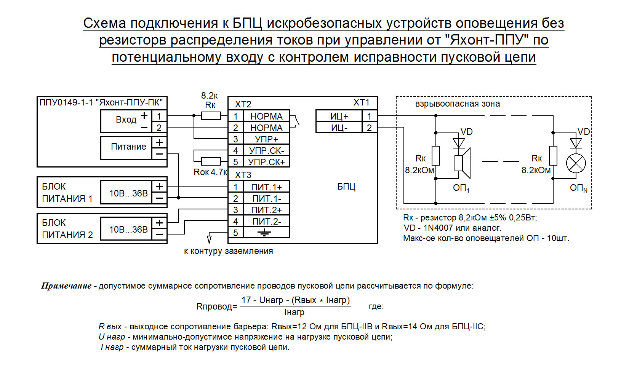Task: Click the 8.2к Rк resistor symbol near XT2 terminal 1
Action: (x=211, y=116)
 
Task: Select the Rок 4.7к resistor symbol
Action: (x=211, y=161)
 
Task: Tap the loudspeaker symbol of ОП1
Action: (x=463, y=163)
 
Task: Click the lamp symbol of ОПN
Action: (x=576, y=163)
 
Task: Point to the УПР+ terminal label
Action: (x=266, y=139)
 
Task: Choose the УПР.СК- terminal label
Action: (x=266, y=150)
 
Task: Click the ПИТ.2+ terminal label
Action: (x=266, y=210)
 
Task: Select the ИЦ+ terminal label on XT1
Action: (x=339, y=116)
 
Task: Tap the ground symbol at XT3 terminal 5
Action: (x=264, y=233)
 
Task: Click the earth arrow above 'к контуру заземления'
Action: (x=209, y=239)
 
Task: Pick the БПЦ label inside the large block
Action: (x=346, y=187)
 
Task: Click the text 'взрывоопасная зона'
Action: (x=457, y=104)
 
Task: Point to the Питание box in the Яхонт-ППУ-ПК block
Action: (x=126, y=148)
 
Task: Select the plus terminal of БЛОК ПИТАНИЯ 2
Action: (x=159, y=223)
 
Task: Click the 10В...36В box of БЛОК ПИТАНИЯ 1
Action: (x=126, y=193)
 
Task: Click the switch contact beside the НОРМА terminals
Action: (x=295, y=121)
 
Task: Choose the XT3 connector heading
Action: (x=243, y=175)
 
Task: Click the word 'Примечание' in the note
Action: (x=66, y=286)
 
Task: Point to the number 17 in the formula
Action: (x=246, y=300)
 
